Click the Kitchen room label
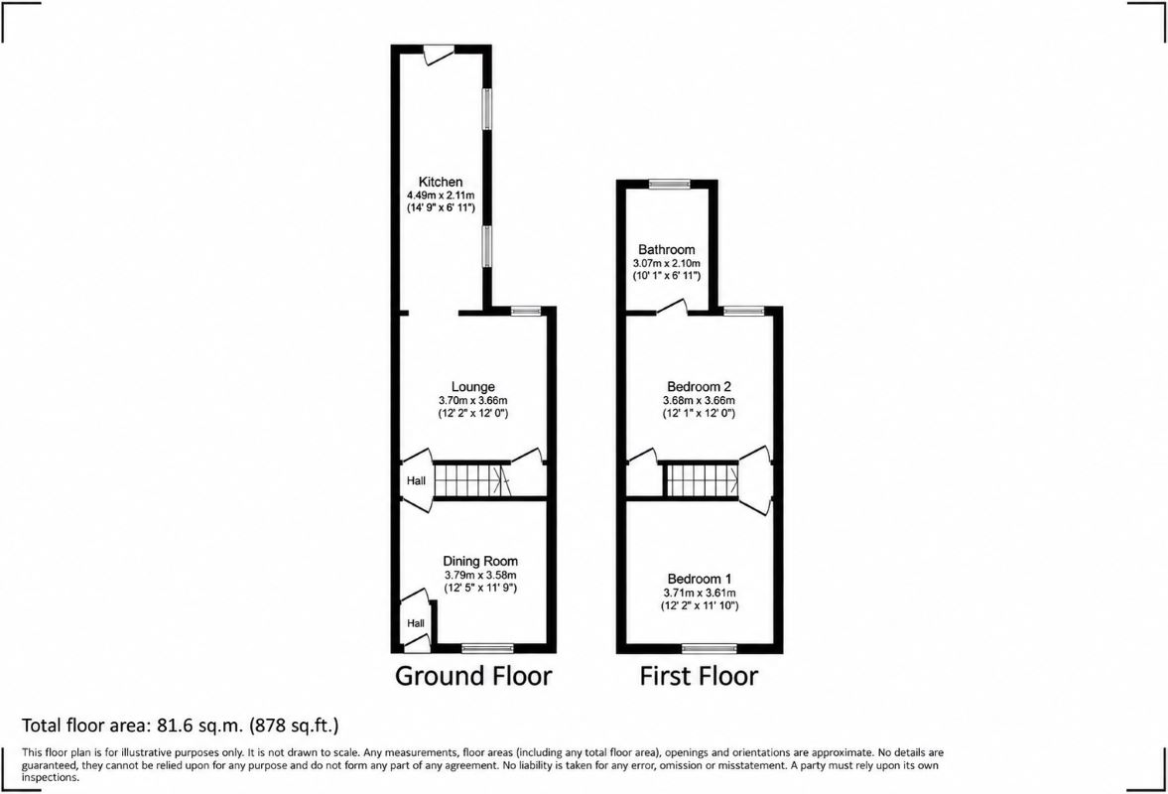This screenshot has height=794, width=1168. (441, 182)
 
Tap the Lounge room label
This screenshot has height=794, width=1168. (473, 386)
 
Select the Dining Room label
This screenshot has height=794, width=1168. (480, 562)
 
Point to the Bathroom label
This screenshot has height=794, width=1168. (667, 250)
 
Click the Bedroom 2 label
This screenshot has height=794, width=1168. (699, 386)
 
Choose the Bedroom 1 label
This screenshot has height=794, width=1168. (700, 579)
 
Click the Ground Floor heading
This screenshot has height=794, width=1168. (473, 676)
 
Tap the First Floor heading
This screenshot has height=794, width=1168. (699, 676)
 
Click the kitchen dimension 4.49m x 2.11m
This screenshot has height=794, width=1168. (441, 196)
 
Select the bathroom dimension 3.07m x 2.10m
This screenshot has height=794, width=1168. (667, 264)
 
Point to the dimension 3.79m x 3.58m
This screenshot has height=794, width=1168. (480, 575)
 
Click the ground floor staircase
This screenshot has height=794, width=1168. (470, 480)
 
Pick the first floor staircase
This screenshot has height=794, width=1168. (702, 480)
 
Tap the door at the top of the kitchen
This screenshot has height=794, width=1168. (438, 56)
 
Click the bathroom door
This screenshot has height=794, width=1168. (673, 307)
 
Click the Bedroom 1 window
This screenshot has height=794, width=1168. (710, 648)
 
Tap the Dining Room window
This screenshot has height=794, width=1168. (487, 648)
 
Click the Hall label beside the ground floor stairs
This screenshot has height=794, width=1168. (417, 481)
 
